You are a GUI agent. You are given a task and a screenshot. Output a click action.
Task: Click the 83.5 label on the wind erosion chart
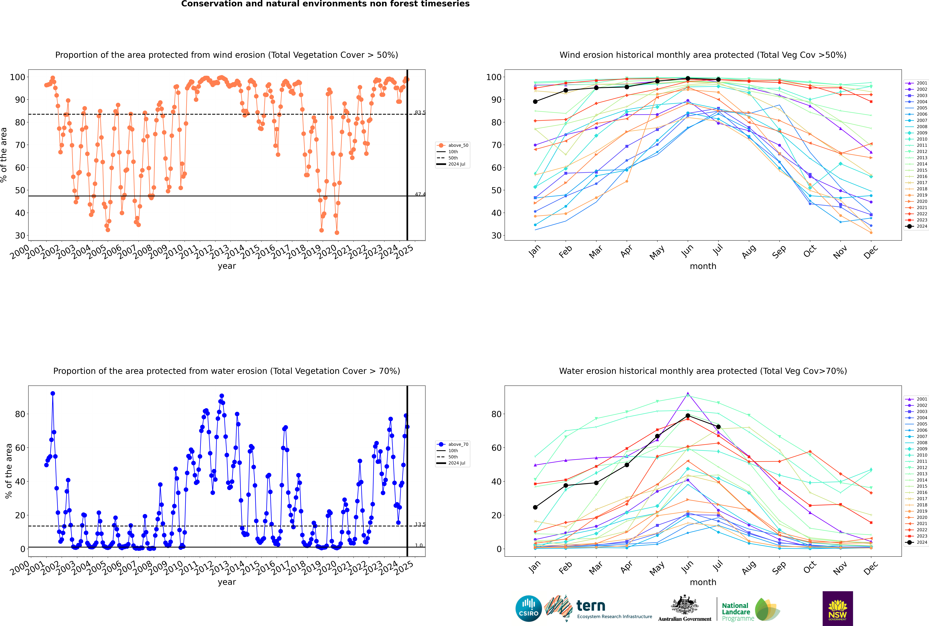click(420, 113)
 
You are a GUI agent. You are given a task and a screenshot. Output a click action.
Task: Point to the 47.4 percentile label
click(420, 194)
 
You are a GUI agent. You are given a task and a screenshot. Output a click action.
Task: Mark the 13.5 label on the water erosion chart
click(420, 524)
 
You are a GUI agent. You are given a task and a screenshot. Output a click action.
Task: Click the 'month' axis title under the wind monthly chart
click(703, 266)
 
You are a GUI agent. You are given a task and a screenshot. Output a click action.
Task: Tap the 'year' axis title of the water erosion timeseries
click(227, 582)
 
